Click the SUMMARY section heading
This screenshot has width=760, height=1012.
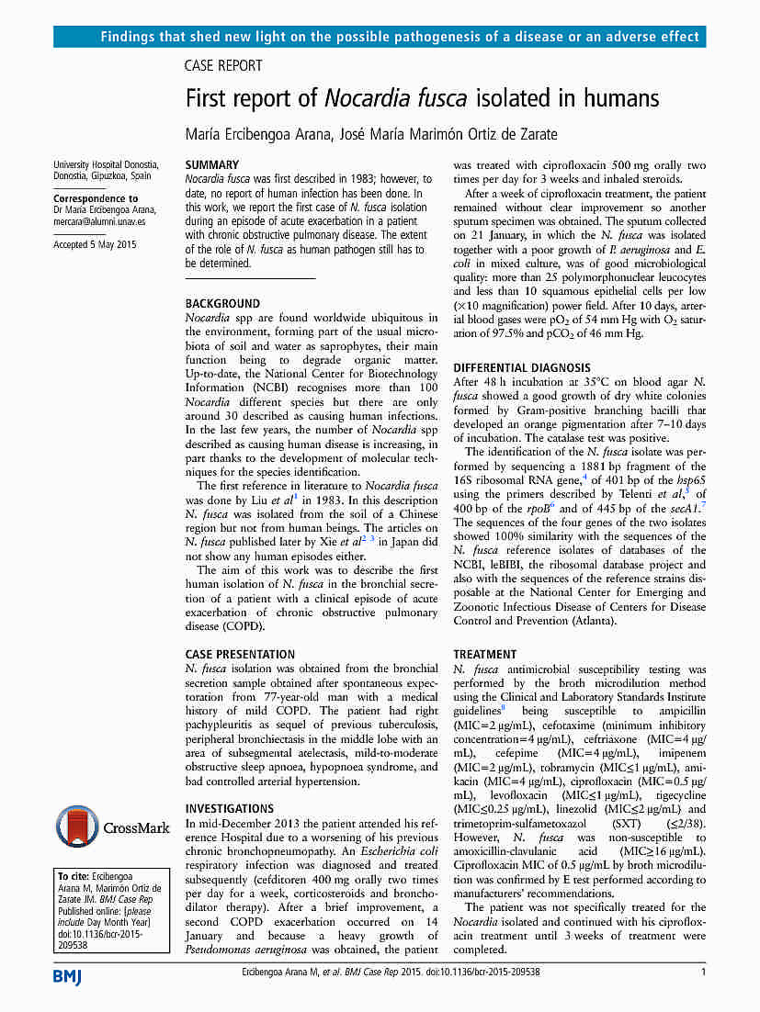[x=212, y=164]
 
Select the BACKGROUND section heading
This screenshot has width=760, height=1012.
[x=222, y=303]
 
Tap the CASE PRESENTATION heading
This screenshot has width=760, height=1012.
[x=240, y=655]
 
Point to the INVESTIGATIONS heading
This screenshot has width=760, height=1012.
[x=230, y=809]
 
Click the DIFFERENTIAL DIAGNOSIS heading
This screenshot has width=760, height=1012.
[x=520, y=367]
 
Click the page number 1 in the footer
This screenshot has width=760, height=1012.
[x=703, y=973]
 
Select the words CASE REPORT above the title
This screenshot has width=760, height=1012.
[x=223, y=66]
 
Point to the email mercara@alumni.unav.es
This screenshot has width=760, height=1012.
[x=99, y=221]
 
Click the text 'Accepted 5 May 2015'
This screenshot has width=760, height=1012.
[x=95, y=244]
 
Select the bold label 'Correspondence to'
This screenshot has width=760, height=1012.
[x=96, y=198]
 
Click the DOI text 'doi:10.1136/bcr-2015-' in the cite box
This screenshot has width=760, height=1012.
[x=107, y=933]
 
